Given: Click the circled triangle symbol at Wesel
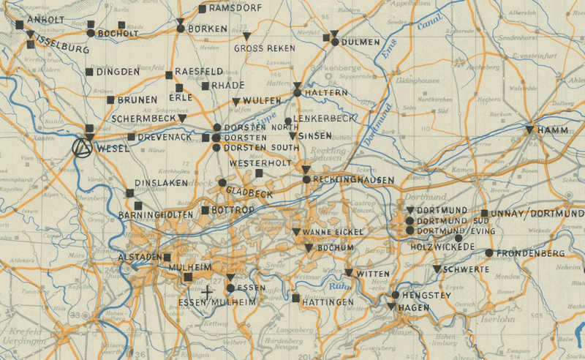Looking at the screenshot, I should (x=84, y=148).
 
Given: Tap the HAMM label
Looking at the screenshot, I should (x=554, y=130).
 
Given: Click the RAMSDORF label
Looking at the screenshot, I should (x=235, y=9).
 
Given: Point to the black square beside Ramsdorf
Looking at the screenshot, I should (x=202, y=10).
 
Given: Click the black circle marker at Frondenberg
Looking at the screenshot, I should (x=488, y=253).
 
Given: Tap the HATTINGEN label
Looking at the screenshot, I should (x=327, y=301).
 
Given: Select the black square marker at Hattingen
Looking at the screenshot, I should (x=295, y=299).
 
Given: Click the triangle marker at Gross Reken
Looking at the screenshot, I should (x=247, y=36).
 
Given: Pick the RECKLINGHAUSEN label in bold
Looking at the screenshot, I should (x=352, y=179).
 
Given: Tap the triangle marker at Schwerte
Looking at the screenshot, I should (x=437, y=269).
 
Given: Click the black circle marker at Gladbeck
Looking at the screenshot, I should (x=222, y=182).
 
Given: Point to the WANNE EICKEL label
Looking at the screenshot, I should (x=333, y=233).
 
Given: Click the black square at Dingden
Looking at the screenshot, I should (x=89, y=72).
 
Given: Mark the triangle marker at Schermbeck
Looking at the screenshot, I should (x=182, y=118).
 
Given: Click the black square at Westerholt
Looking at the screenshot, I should (x=259, y=173).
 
